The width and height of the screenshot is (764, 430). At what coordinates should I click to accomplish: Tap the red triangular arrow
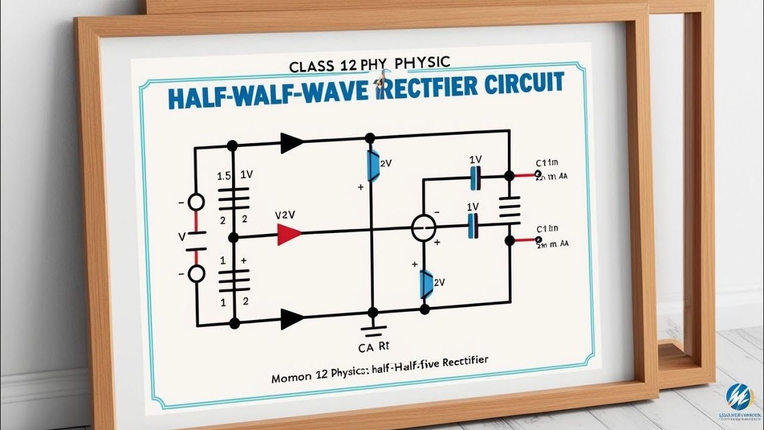click(289, 234)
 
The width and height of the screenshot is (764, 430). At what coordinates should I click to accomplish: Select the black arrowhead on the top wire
click(292, 143)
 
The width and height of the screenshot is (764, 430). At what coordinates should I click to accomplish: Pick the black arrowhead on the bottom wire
click(292, 319)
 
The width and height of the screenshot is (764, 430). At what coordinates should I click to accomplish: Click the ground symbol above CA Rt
click(373, 329)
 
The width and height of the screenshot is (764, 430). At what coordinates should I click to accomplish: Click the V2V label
click(286, 214)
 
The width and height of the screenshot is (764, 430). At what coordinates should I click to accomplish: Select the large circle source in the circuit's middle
click(424, 229)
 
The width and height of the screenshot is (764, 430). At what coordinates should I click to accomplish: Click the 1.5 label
click(224, 176)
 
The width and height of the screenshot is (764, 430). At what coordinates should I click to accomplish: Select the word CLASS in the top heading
click(312, 66)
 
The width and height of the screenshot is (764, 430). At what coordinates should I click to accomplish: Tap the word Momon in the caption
click(292, 379)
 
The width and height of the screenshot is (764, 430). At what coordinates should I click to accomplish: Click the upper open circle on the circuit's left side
click(196, 202)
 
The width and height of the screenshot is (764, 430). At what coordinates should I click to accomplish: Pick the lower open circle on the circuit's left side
click(196, 274)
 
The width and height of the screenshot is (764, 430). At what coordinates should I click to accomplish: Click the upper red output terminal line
click(525, 176)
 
